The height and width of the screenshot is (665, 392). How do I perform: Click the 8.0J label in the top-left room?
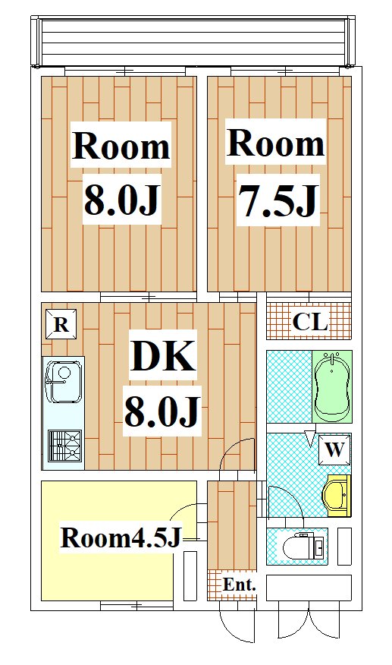tap(121, 200)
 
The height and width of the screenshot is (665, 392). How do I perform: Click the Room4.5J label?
tap(121, 537)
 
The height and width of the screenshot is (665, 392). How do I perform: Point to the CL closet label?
tap(310, 322)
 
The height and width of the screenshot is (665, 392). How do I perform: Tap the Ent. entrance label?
tap(240, 585)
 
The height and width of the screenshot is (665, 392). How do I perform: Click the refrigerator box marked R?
tap(61, 324)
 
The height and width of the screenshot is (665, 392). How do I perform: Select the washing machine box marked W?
tap(335, 449)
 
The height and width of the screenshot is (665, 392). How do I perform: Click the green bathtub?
tap(333, 386)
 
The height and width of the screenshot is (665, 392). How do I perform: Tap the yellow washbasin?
tap(337, 496)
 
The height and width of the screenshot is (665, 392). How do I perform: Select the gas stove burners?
tap(65, 446)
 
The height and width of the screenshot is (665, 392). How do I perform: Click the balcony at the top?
tap(193, 42)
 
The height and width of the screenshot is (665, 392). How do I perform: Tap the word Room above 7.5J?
tap(276, 143)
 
